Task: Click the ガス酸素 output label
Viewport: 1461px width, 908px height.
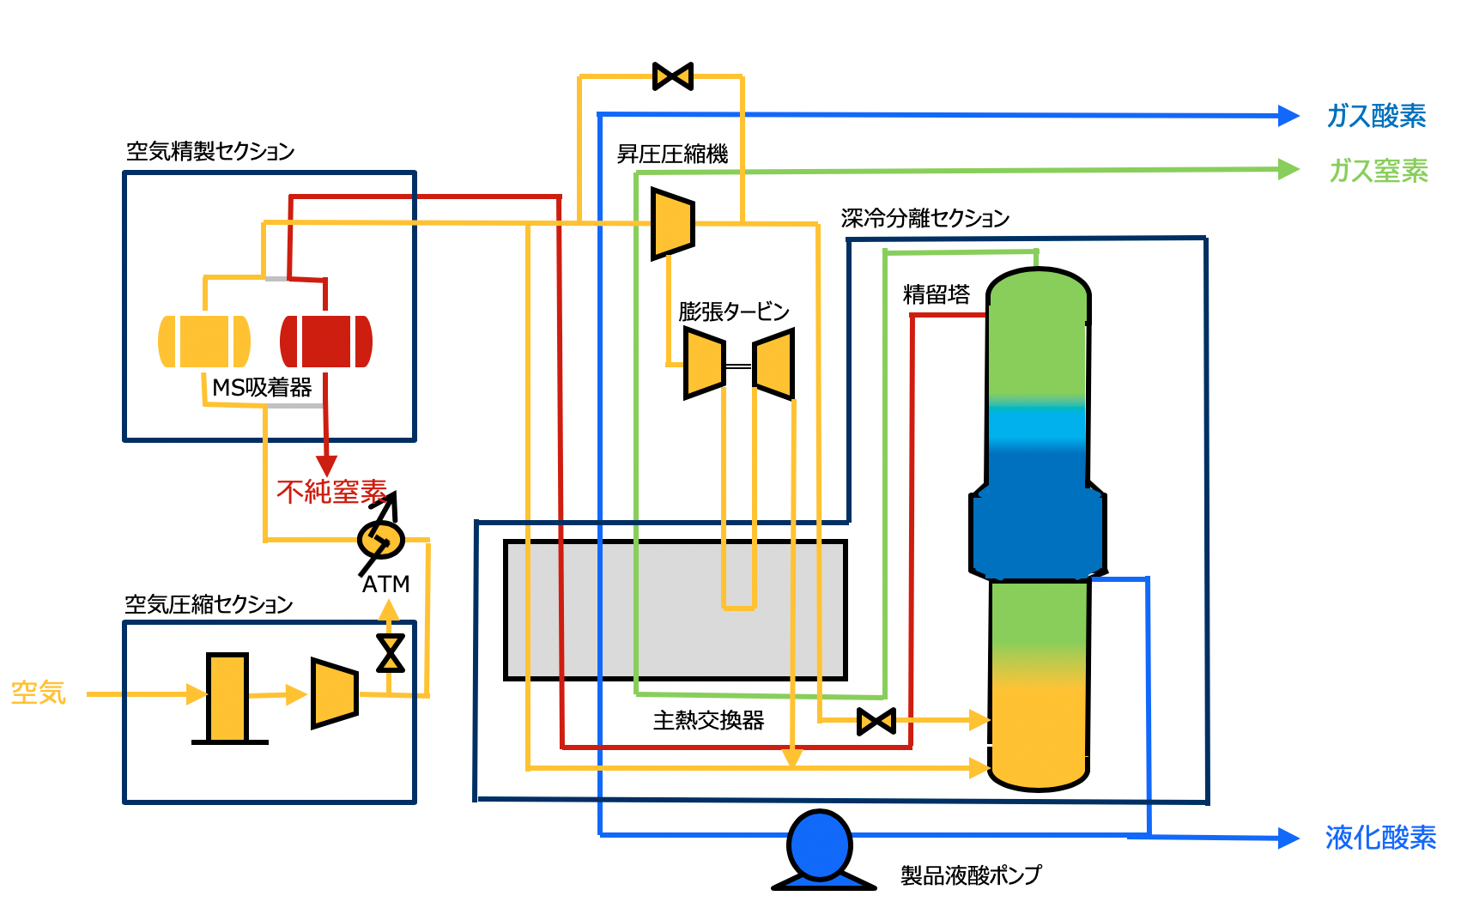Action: click(1376, 116)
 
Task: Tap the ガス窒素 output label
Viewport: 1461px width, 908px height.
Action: click(1378, 171)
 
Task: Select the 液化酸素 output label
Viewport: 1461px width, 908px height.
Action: click(1379, 838)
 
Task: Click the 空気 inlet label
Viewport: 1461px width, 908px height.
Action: click(38, 693)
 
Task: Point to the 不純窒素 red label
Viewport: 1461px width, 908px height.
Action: click(331, 492)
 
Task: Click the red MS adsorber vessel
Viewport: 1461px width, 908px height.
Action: click(326, 342)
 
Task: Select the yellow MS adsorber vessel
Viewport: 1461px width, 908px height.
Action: click(204, 342)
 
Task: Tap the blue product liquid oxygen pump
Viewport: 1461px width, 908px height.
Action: click(820, 845)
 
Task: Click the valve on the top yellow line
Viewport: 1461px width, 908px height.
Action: click(673, 76)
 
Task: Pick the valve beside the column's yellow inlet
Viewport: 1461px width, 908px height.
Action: click(876, 721)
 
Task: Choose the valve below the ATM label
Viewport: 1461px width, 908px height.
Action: click(390, 653)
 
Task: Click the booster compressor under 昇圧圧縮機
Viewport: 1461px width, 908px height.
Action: click(672, 223)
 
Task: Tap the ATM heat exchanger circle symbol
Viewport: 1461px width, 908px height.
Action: click(380, 540)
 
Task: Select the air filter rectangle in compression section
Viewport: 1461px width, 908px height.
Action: click(227, 698)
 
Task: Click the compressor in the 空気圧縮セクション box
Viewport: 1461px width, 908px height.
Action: click(334, 693)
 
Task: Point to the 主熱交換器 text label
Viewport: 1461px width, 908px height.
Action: click(708, 721)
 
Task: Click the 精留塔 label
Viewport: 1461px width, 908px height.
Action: click(936, 295)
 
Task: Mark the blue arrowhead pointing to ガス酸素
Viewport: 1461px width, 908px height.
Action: click(1288, 116)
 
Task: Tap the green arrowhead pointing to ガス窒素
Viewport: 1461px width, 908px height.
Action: click(1288, 169)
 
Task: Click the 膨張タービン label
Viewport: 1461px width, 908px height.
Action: click(733, 312)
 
